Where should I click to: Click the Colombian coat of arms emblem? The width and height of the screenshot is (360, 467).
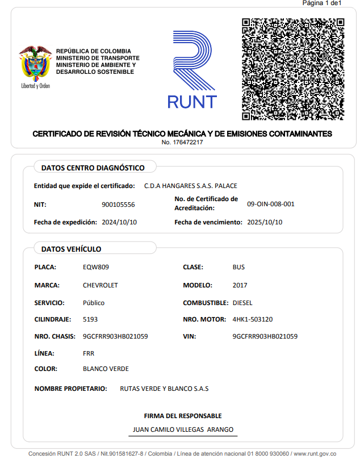[x=35, y=64]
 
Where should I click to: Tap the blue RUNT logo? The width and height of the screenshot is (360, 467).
[x=192, y=70]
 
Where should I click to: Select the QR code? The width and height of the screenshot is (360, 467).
[x=293, y=69]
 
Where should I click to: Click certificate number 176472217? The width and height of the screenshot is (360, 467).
[x=187, y=142]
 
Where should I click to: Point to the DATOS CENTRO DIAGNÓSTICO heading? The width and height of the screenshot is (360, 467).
[x=93, y=168]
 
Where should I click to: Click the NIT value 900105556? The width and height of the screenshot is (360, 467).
[x=118, y=205]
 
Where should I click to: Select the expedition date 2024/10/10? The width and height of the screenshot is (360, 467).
[x=119, y=222]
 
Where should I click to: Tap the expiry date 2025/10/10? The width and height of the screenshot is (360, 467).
[x=265, y=222]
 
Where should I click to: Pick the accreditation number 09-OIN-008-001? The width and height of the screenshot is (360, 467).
[x=271, y=204]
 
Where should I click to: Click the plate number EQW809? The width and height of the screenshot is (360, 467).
[x=96, y=267]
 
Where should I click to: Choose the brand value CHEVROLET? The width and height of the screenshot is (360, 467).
[x=101, y=285]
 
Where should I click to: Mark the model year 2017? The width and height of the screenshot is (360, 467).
[x=240, y=285]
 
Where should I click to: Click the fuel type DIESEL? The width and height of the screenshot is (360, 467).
[x=242, y=303]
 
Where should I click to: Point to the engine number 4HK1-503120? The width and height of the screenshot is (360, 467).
[x=253, y=319]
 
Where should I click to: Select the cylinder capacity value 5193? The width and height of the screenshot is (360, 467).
[x=90, y=319]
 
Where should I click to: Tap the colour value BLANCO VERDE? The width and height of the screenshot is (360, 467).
[x=106, y=369]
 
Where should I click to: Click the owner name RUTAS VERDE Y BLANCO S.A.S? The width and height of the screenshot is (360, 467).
[x=165, y=389]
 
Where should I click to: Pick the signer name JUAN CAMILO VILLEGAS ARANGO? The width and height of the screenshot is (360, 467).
[x=183, y=430]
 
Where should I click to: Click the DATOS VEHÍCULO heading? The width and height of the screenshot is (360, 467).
[x=72, y=249]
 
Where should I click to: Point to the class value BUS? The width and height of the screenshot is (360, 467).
[x=239, y=267]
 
